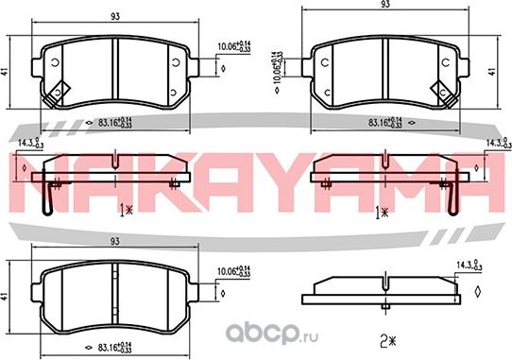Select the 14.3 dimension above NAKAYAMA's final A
[492, 143]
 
